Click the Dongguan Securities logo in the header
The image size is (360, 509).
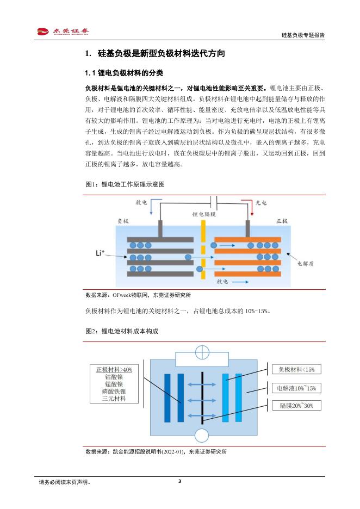tap(63, 32)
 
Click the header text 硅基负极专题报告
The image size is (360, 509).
tap(303, 35)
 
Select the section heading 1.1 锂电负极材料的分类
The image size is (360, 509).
tap(125, 73)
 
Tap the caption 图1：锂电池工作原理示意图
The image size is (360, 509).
tap(125, 184)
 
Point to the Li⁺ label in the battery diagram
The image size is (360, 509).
tap(100, 253)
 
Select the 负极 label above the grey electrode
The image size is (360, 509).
tap(123, 222)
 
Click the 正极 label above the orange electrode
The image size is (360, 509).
tap(283, 222)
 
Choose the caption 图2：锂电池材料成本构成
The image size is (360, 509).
tap(122, 331)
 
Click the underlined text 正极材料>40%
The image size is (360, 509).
tap(114, 369)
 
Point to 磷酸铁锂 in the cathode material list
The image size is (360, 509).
tap(114, 392)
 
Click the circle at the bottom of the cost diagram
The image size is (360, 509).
tap(202, 436)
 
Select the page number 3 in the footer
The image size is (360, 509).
tap(179, 481)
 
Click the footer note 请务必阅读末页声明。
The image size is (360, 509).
tap(65, 482)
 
